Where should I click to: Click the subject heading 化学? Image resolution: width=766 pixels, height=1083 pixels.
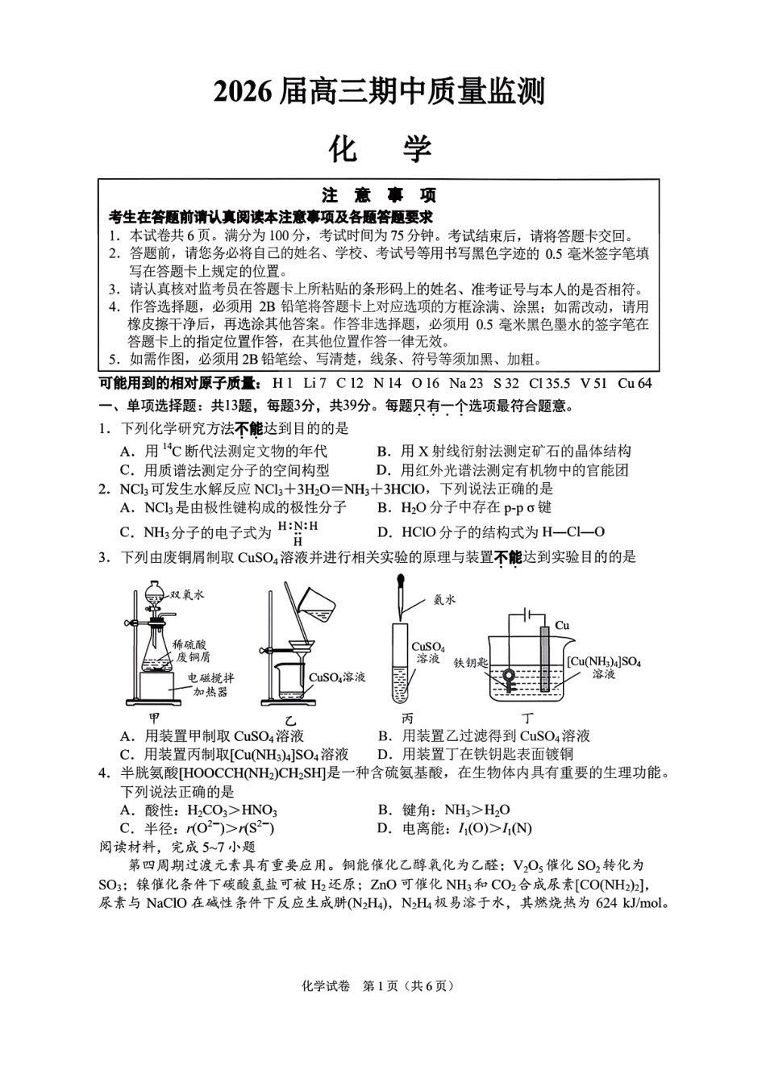point(380,148)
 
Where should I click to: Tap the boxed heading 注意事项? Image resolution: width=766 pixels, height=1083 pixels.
point(379,196)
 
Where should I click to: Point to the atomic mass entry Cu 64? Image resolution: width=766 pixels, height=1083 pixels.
point(634,383)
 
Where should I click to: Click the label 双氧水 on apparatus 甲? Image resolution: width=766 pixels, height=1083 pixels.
point(187,595)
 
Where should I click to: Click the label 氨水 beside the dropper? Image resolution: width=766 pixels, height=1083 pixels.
point(444,599)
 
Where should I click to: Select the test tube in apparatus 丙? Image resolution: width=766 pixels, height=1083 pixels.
point(401,661)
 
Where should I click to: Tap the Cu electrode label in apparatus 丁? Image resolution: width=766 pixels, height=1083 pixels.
point(562,625)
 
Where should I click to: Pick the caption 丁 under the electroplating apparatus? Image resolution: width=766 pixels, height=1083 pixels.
point(528,717)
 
